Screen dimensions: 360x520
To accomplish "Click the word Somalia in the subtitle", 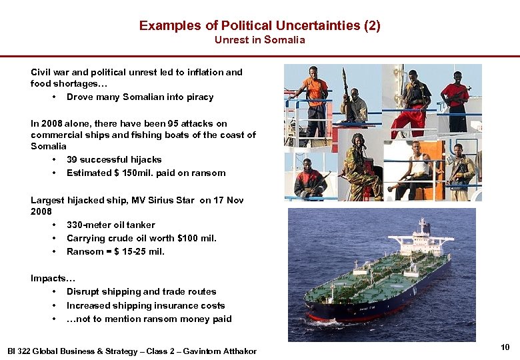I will click(285, 40).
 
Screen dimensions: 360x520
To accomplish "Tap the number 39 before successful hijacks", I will click(73, 159).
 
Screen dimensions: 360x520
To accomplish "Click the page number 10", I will click(505, 347).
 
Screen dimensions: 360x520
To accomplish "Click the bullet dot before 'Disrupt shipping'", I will click(53, 292).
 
